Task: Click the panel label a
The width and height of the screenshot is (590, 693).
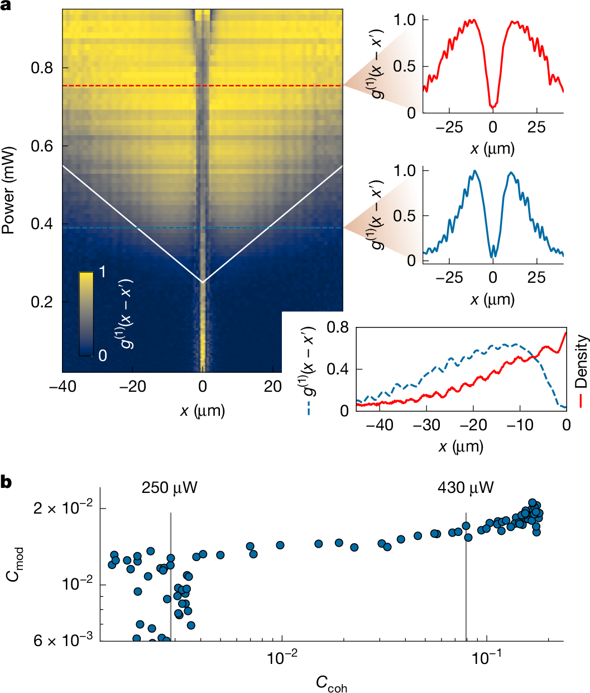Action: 6,7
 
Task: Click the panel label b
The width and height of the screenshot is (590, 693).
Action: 6,482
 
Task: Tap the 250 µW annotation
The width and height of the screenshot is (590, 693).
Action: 170,488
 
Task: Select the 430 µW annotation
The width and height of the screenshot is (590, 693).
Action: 466,488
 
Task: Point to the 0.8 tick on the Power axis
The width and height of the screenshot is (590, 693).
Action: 42,68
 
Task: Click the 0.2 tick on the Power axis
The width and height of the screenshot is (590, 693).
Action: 42,302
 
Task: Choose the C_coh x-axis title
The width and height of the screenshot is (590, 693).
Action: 331,683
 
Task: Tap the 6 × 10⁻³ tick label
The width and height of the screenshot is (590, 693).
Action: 63,640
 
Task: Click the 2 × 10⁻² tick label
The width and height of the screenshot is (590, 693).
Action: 63,509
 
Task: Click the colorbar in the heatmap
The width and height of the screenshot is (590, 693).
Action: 86,314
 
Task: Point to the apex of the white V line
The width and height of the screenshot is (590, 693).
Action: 203,282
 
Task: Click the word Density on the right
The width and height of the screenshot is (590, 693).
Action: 582,361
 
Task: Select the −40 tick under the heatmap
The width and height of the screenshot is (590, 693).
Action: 63,387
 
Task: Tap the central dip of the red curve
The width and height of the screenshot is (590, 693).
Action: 492,105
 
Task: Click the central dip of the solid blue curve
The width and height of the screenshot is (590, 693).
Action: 492,256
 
